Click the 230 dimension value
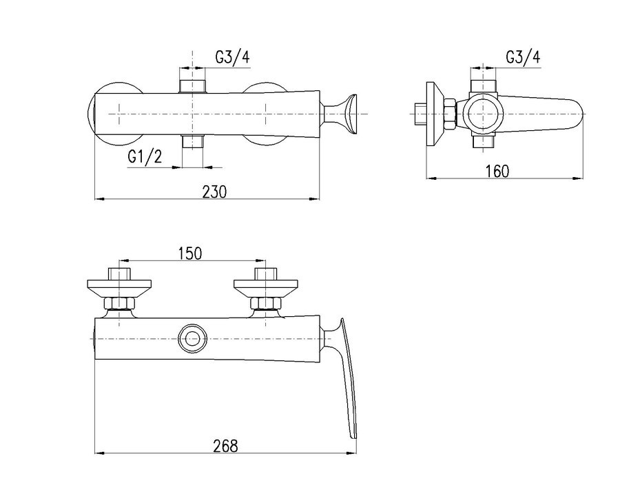(x=215, y=192)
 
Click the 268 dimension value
(x=226, y=446)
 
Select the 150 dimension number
(x=189, y=254)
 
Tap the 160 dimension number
(x=497, y=172)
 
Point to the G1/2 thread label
(x=145, y=157)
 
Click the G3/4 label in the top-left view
(x=233, y=57)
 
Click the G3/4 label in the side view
(x=523, y=57)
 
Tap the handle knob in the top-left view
(x=341, y=114)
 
